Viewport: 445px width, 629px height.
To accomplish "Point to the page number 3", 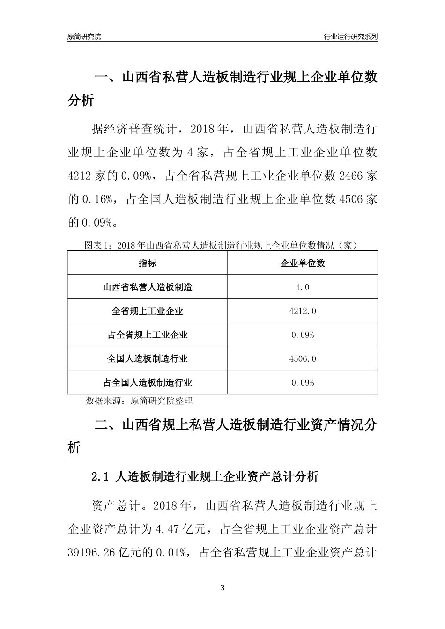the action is [x=222, y=588].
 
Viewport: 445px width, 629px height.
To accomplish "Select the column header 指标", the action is [x=147, y=263].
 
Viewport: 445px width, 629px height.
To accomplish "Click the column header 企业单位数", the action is [x=303, y=263].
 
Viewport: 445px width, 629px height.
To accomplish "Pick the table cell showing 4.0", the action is [x=303, y=287].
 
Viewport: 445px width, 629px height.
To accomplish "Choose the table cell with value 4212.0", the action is [x=303, y=311].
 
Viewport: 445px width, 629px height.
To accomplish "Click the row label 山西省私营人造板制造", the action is [x=147, y=287].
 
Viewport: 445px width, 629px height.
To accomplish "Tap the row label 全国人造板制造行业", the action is [x=147, y=359].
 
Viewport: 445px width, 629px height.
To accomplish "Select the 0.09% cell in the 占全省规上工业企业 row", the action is [x=303, y=335].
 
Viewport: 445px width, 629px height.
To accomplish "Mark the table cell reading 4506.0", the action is [x=303, y=359].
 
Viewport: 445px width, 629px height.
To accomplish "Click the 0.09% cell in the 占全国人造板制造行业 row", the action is [x=303, y=383].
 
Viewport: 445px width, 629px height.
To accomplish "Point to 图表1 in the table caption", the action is [x=96, y=245].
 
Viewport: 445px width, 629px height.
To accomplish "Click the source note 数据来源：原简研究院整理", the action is [x=139, y=401].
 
